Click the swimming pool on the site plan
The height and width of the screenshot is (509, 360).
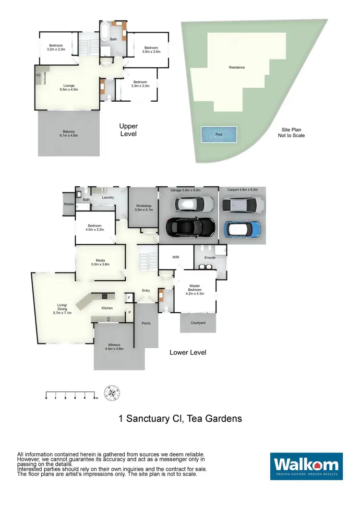[x=219, y=134]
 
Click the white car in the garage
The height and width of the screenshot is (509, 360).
[x=194, y=204]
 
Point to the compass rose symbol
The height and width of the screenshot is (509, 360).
[x=112, y=393]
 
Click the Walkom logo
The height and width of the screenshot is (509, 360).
[x=306, y=466]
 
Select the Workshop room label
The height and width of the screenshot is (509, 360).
[x=143, y=207]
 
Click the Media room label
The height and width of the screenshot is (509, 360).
[x=101, y=262]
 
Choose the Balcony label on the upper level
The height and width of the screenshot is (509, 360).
[x=69, y=134]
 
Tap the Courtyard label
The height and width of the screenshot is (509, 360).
[x=198, y=323]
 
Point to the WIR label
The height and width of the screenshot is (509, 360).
[x=176, y=258]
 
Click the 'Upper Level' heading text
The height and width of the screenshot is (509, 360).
[x=128, y=130]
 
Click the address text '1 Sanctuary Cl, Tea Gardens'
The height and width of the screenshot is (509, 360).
[x=180, y=418]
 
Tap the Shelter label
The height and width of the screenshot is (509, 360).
[x=69, y=204]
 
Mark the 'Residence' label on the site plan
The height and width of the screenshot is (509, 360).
[x=237, y=67]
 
